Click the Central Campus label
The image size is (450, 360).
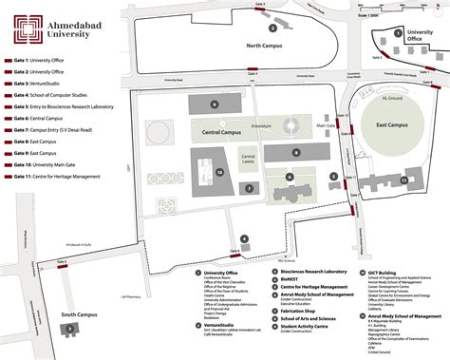coord(221,134)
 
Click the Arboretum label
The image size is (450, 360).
coord(261,125)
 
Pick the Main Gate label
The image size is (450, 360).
coord(326,125)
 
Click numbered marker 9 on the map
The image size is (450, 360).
coord(215,104)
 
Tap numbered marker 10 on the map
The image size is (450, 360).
coord(219,173)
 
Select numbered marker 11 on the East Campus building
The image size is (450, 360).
coord(403,178)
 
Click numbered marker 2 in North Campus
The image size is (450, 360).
coord(273,28)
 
